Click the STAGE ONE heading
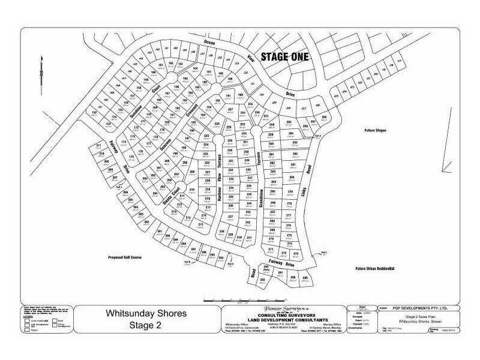(x=285, y=58)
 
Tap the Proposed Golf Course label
(x=124, y=256)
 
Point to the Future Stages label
(x=375, y=130)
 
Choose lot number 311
(x=98, y=146)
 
